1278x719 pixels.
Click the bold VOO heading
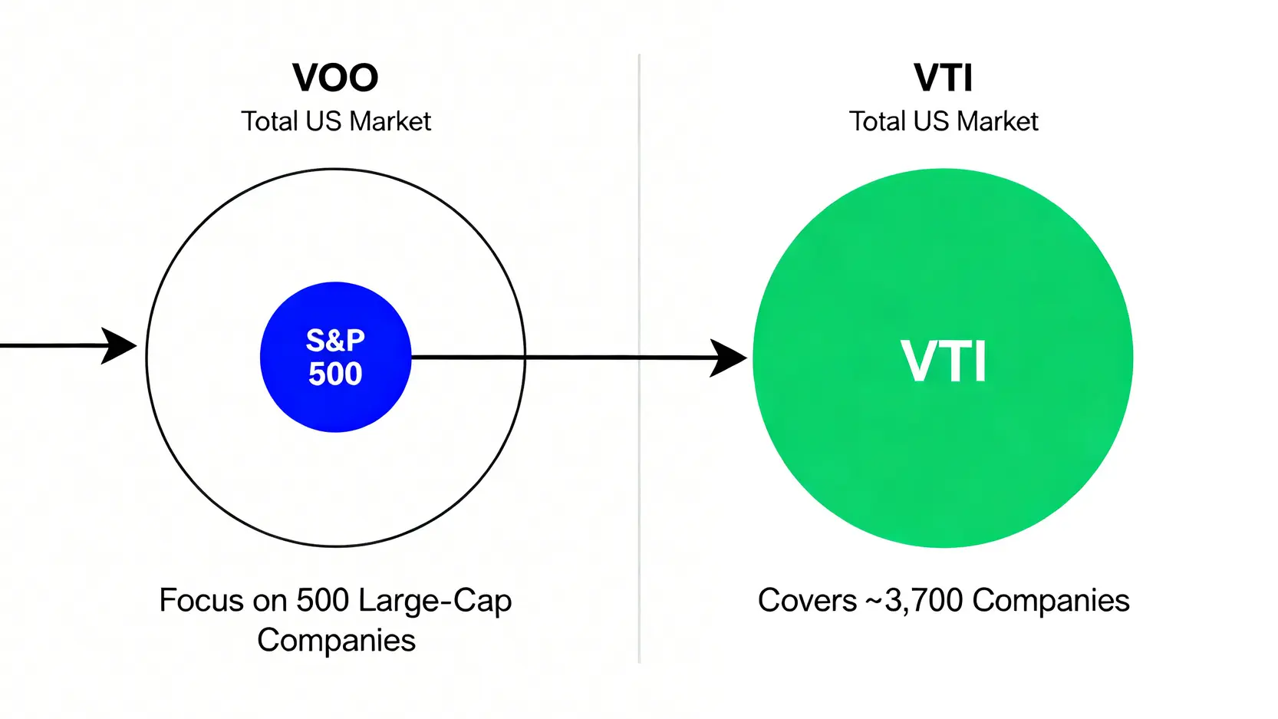point(335,78)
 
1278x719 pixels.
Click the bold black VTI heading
point(943,78)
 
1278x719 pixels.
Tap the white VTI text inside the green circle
point(943,361)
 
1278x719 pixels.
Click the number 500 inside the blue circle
point(335,374)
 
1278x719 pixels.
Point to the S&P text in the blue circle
point(335,340)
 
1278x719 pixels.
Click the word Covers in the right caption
point(807,600)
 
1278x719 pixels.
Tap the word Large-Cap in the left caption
point(435,601)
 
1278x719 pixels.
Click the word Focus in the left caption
point(201,600)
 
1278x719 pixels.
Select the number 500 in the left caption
point(323,600)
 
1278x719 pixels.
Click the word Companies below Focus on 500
point(336,640)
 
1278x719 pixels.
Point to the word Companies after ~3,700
point(1051,600)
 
